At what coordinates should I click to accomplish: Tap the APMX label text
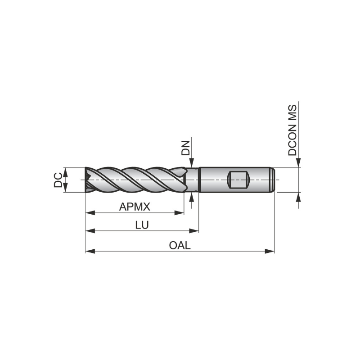[x=134, y=207]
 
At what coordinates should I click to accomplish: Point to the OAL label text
[x=180, y=246]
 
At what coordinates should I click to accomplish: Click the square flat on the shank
[x=238, y=180]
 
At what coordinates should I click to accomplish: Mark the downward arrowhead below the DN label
[x=192, y=163]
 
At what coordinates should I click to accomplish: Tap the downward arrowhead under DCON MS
[x=298, y=163]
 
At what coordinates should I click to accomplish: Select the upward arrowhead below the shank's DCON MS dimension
[x=298, y=197]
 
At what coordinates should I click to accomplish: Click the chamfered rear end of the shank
[x=273, y=180]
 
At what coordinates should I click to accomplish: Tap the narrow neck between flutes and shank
[x=193, y=180]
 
